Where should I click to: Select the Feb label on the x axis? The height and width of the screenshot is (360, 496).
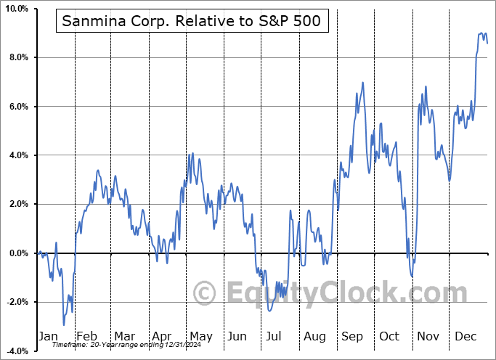click(87, 337)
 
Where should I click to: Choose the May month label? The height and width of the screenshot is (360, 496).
click(200, 337)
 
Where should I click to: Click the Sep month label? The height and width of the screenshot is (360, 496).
click(352, 337)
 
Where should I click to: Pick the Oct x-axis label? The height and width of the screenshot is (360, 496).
click(390, 337)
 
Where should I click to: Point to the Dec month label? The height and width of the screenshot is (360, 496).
click(465, 337)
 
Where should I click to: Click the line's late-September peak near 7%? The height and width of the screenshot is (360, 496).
click(362, 83)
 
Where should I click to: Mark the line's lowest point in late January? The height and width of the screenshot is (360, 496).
click(63, 324)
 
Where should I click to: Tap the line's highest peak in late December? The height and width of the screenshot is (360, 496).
click(481, 33)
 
